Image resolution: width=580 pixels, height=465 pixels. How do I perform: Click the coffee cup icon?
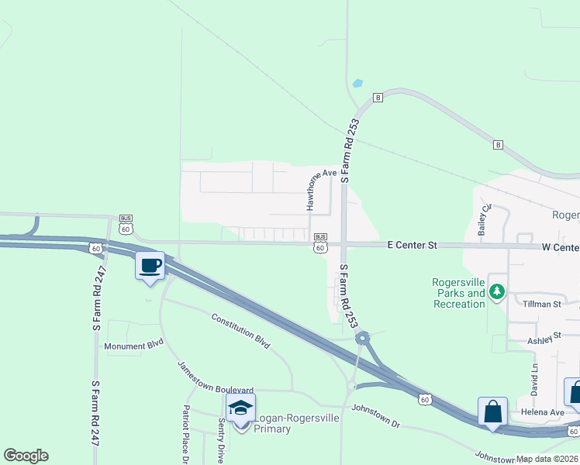150,265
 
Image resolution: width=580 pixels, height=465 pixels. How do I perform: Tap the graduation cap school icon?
240,408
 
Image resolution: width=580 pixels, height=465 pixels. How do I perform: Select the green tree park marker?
497,292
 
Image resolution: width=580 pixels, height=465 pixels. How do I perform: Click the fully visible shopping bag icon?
492,411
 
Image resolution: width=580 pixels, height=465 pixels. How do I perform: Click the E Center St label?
412,245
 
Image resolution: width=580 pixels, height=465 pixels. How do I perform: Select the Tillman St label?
541,305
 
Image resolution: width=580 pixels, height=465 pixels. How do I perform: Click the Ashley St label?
544,339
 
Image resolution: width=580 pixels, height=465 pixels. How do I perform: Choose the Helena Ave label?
542,412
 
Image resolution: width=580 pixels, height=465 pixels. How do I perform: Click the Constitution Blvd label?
240,331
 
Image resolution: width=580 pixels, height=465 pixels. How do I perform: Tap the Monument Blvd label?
134,346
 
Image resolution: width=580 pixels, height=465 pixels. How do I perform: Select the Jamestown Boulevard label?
215,379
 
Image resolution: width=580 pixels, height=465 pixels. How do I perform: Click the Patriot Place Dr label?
186,434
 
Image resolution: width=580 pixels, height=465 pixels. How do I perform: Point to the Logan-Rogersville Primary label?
284,423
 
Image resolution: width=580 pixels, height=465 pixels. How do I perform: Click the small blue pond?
357,83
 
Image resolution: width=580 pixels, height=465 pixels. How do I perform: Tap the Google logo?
26,456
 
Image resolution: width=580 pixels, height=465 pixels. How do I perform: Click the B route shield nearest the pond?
378,97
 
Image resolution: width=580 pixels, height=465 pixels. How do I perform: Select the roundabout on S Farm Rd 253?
362,338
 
